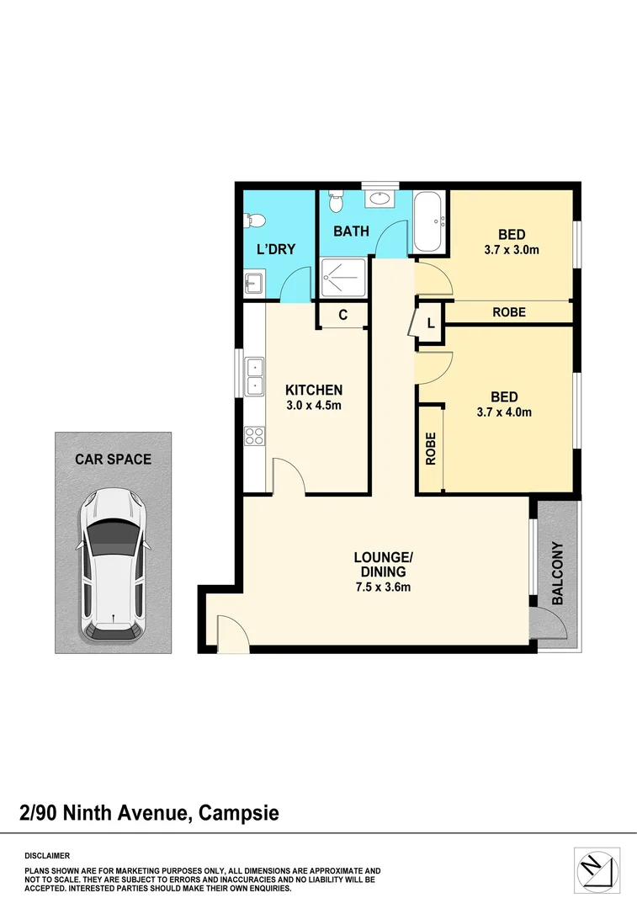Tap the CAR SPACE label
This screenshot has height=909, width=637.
[x=113, y=460]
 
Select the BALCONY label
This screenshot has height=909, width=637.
[x=558, y=574]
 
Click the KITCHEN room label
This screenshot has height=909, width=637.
[x=314, y=390]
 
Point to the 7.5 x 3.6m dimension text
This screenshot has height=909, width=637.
[x=383, y=587]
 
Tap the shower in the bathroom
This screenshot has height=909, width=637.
[x=343, y=279]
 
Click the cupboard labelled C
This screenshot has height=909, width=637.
[x=342, y=316]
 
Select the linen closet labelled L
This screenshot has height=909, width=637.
[x=430, y=323]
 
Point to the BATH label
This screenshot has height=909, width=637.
[x=351, y=231]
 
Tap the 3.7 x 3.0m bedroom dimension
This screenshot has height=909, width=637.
[x=511, y=249]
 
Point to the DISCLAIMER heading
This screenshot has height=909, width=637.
[x=47, y=854]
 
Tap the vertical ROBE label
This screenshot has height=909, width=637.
[x=430, y=449]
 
